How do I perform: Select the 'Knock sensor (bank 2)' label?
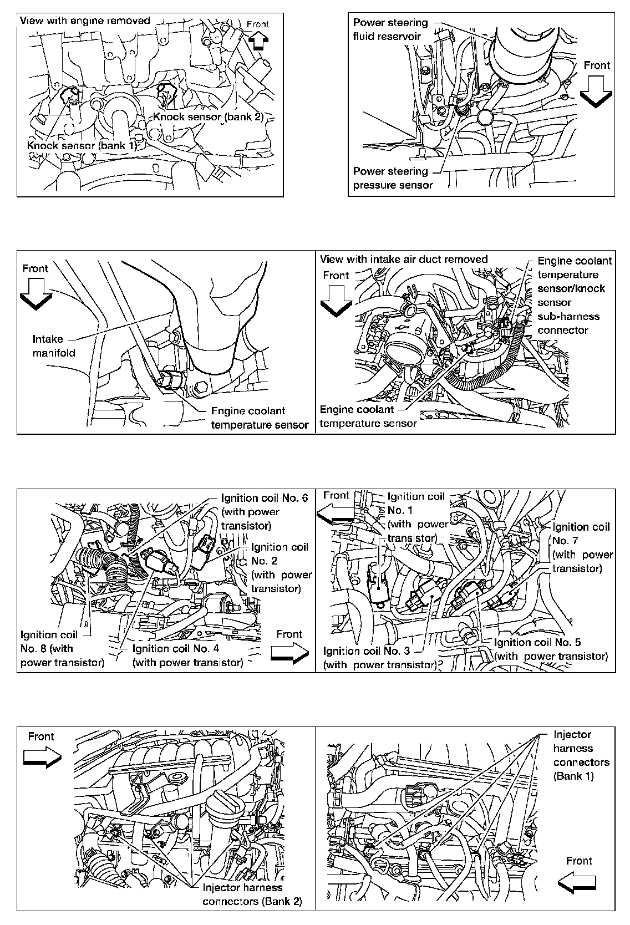(207, 117)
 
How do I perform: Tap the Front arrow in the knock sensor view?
(258, 40)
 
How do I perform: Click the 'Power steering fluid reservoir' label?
(390, 29)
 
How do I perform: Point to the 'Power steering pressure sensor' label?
(393, 178)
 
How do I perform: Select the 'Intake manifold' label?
(54, 345)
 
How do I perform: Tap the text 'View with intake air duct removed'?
(403, 259)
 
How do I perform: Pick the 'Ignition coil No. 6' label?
(263, 511)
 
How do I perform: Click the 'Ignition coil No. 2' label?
(281, 567)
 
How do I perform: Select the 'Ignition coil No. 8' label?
(61, 648)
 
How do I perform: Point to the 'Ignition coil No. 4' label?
(187, 655)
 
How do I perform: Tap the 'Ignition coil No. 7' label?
(582, 547)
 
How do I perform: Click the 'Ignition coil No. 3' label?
(379, 658)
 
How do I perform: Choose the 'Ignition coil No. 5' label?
(550, 649)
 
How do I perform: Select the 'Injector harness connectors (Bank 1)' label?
(581, 755)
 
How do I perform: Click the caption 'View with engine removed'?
(85, 21)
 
